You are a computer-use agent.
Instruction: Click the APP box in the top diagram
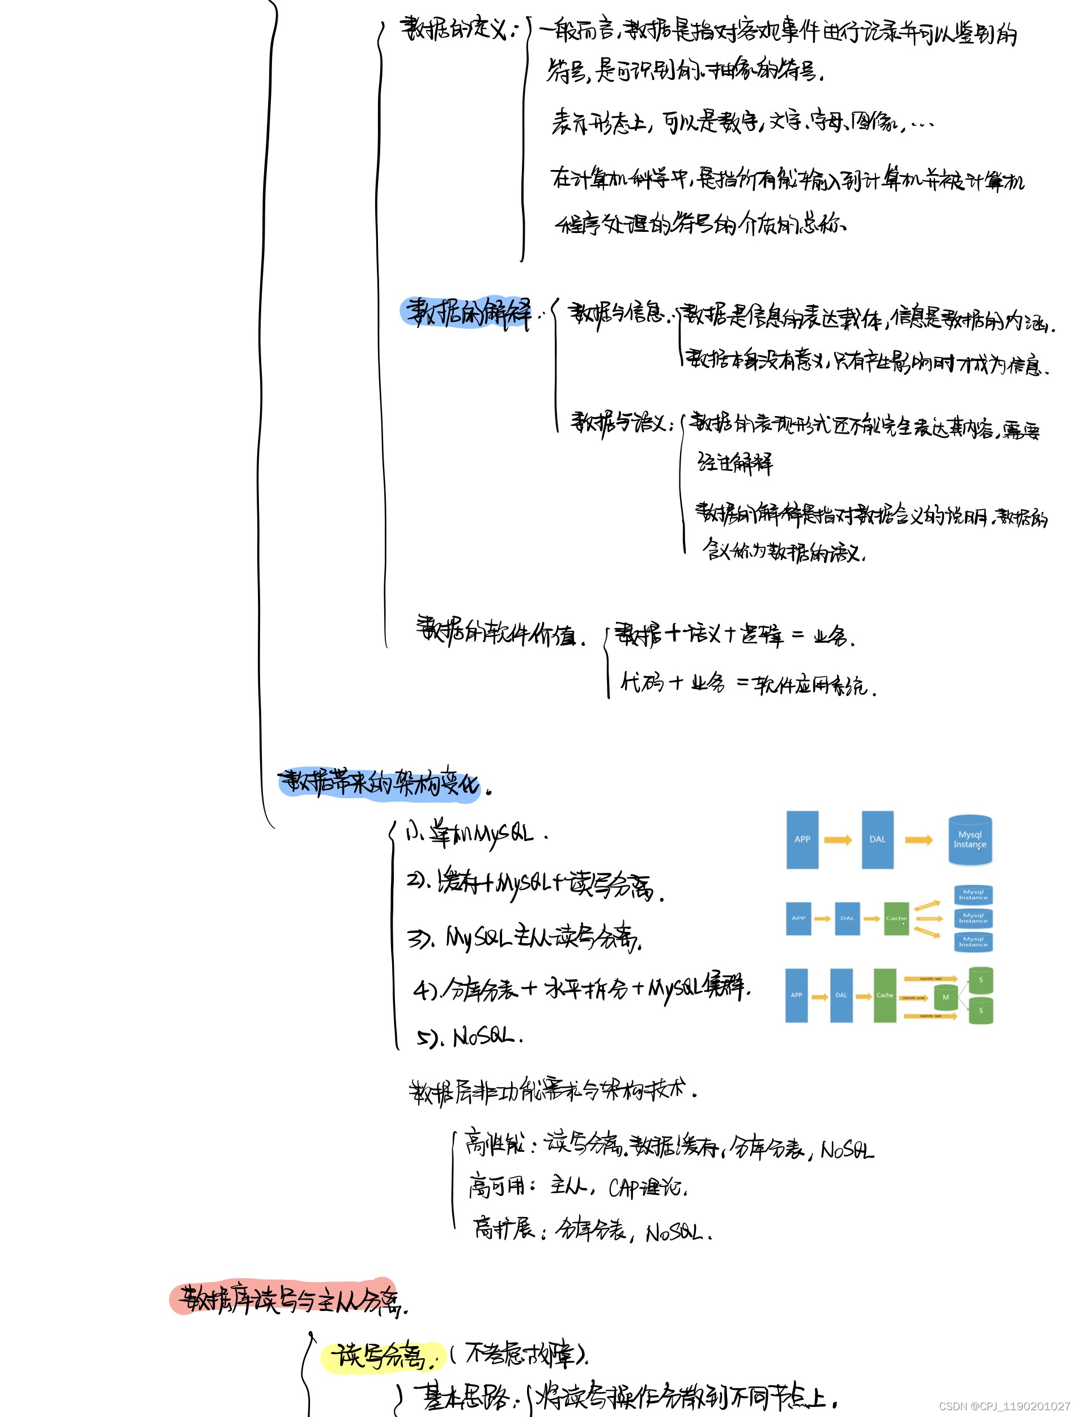click(x=802, y=839)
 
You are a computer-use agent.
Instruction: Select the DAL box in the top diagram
click(x=877, y=839)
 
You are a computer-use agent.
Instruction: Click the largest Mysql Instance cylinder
click(x=970, y=839)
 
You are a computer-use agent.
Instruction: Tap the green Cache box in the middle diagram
click(x=896, y=919)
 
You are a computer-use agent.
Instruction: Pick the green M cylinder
click(x=945, y=998)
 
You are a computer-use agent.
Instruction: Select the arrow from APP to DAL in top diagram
click(x=838, y=839)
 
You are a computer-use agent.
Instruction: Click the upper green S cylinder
click(x=981, y=980)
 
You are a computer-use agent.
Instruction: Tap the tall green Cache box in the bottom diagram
click(x=885, y=995)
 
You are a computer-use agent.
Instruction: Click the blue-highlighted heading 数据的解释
click(x=466, y=313)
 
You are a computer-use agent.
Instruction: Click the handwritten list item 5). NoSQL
click(x=469, y=1037)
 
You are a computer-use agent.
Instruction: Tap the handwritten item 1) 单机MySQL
click(x=475, y=834)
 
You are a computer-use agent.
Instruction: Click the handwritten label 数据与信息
click(x=617, y=313)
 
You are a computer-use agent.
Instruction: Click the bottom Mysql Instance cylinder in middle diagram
click(x=973, y=943)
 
